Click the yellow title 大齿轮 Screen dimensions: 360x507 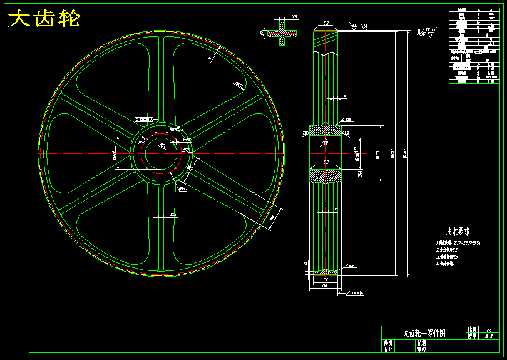pos(44,19)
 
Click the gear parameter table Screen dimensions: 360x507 pos(474,46)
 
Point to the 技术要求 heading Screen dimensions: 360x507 pos(458,231)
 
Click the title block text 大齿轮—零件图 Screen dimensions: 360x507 pos(424,333)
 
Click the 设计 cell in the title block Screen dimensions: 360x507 pos(388,349)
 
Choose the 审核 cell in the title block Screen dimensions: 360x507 pos(421,349)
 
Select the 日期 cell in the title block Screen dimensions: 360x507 pos(421,343)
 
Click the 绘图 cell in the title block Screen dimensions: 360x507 pos(388,343)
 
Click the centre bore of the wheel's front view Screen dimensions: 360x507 pos(161,153)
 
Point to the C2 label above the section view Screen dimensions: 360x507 pos(326,24)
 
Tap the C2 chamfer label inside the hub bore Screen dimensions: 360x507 pos(326,162)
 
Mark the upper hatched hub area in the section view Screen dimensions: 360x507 pos(326,130)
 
